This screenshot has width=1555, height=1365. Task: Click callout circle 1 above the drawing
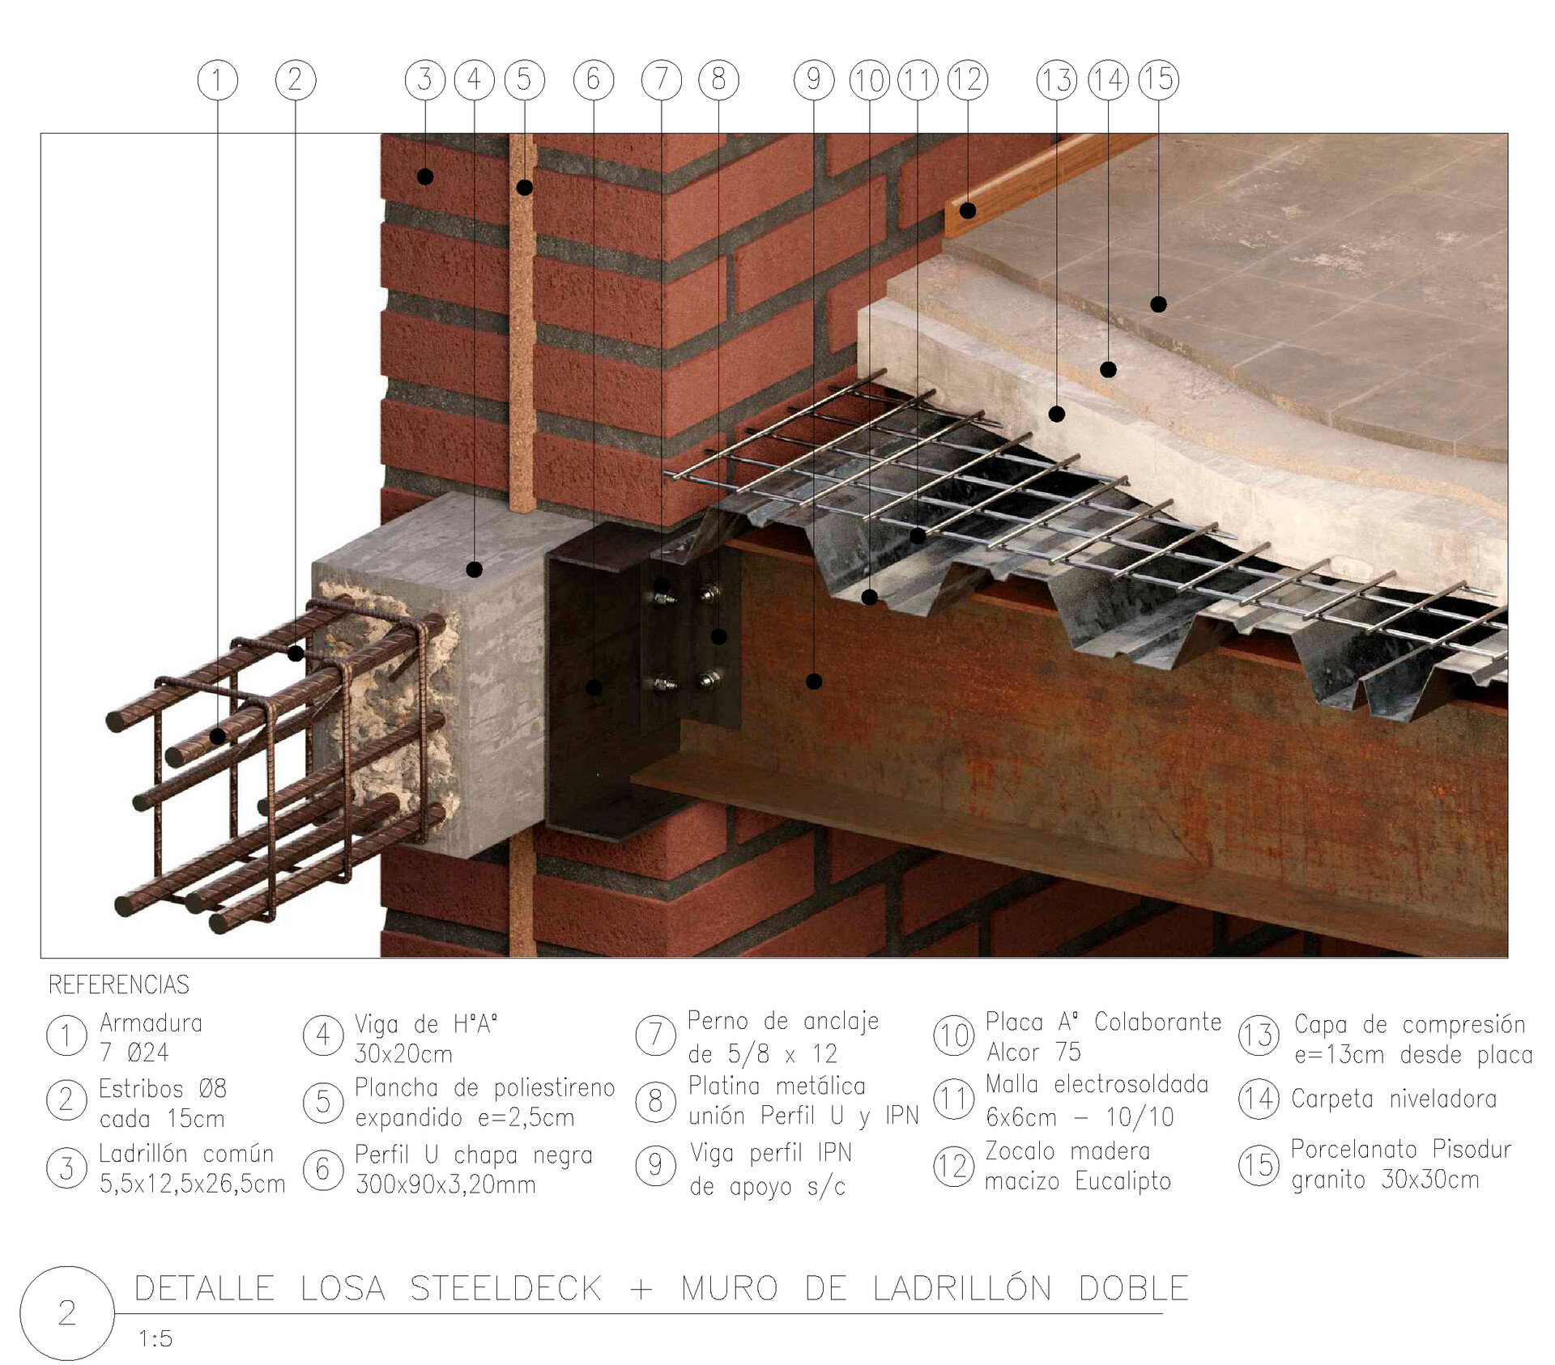point(217,80)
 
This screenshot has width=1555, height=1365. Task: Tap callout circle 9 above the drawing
point(814,80)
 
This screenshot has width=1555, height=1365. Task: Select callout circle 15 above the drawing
point(1158,79)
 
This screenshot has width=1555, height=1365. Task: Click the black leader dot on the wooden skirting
point(968,211)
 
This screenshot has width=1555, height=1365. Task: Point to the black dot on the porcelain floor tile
point(1158,304)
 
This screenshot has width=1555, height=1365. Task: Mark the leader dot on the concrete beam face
point(475,570)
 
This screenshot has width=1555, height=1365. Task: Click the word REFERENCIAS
point(119,985)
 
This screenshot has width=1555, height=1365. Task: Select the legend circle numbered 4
point(322,1035)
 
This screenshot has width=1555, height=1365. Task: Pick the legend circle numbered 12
point(953,1167)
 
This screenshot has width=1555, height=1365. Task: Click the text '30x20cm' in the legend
point(403,1054)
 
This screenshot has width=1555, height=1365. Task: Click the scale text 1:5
point(155,1339)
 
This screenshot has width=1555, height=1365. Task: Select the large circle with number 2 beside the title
point(67,1312)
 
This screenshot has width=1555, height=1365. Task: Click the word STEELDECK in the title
point(505,1288)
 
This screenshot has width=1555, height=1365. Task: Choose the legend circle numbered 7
point(655,1035)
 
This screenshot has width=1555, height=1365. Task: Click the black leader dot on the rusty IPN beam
point(814,682)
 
